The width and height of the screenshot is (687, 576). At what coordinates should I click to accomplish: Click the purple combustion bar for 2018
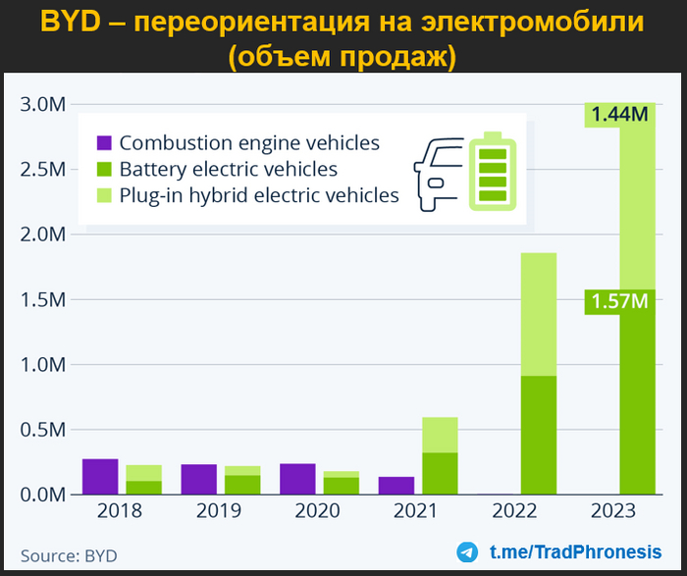100,476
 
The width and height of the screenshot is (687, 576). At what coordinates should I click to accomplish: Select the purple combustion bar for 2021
395,485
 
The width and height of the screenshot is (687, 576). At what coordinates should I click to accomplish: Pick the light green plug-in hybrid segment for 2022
538,314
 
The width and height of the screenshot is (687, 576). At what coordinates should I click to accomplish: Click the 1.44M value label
619,115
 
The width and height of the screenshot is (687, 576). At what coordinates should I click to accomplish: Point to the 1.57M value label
619,302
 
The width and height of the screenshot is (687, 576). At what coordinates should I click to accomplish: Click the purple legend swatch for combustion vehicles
103,143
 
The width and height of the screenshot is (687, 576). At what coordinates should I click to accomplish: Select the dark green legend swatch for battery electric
103,170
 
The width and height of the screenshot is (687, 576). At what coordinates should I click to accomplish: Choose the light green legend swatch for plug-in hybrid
103,195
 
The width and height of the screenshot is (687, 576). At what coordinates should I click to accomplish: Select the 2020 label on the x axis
316,511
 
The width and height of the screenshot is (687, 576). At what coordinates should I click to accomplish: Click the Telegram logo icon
468,551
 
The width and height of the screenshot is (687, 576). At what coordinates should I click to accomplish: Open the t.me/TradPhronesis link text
575,551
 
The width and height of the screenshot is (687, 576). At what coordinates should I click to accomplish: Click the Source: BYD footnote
69,555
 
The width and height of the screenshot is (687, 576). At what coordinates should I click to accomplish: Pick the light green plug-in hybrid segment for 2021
440,435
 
